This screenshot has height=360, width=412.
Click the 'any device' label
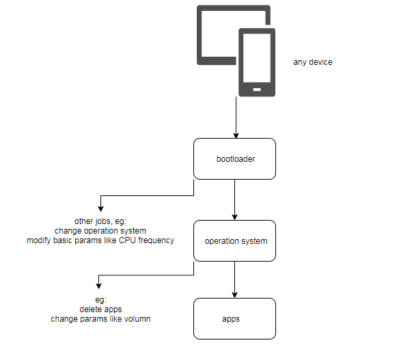312,62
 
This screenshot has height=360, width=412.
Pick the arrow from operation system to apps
235,279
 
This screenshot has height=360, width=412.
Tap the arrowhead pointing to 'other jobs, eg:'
101,208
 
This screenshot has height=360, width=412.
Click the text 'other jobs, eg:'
100,221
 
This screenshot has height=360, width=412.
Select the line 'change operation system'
100,230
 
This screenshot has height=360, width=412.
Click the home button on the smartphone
257,89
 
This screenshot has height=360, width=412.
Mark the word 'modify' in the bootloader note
39,240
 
